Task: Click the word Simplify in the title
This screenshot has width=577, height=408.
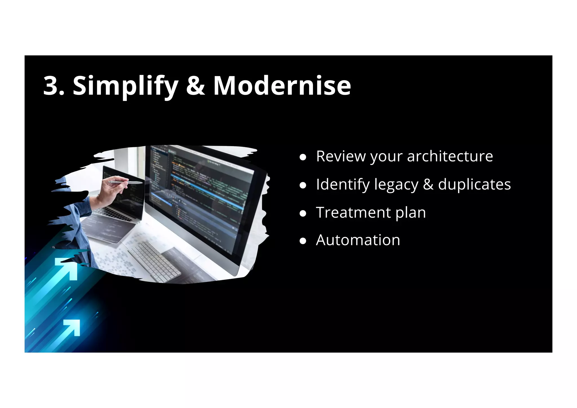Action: (x=125, y=86)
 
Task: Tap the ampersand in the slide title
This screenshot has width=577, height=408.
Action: (x=196, y=86)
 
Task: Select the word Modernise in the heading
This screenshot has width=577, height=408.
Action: (x=282, y=86)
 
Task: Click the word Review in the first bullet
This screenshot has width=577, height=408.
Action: (x=340, y=156)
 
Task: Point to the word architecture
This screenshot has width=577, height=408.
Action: (x=450, y=156)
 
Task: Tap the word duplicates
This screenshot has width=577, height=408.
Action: (x=474, y=184)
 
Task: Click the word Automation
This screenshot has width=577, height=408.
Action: (x=358, y=240)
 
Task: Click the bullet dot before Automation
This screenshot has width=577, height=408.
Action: (x=303, y=241)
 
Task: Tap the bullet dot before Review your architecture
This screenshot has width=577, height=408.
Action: (x=303, y=157)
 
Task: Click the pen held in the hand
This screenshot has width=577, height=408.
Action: (x=127, y=183)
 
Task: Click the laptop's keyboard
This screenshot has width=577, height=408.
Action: (x=113, y=214)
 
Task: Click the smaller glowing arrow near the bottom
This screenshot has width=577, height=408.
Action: (x=72, y=327)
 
